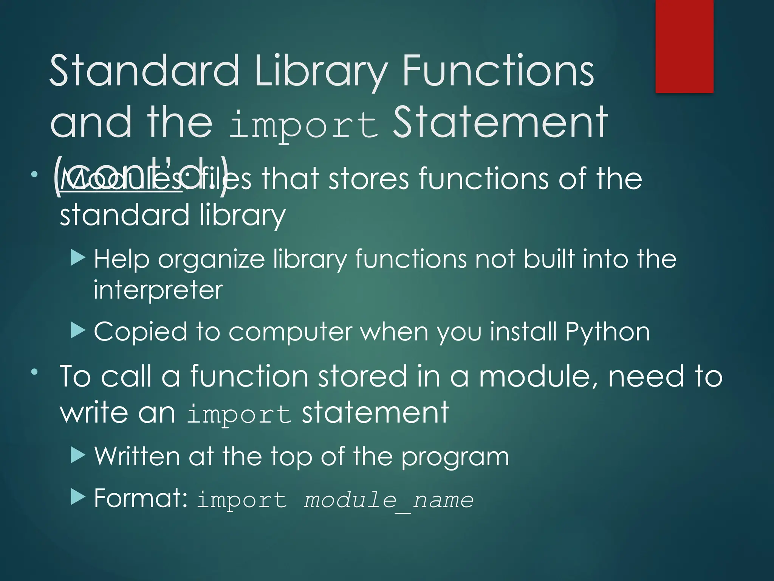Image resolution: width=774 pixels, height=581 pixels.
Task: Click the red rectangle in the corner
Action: pos(684,46)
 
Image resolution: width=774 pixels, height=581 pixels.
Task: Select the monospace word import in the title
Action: pos(303,125)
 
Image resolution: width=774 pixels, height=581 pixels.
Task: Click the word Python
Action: pos(607,332)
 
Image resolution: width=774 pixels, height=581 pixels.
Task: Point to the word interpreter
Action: pos(158,290)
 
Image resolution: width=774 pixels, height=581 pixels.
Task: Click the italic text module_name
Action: pos(389,500)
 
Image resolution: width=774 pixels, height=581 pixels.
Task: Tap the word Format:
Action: pos(141,498)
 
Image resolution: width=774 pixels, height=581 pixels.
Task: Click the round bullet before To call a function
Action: pos(35,372)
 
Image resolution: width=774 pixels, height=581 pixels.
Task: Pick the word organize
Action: pos(211,260)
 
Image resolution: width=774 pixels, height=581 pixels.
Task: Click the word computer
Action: pos(290,332)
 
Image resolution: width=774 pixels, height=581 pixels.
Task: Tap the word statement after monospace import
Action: pos(375,412)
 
